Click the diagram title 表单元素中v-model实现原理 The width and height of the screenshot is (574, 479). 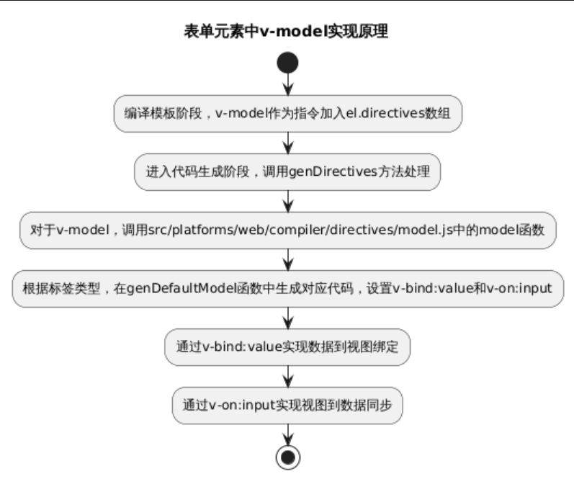(x=287, y=31)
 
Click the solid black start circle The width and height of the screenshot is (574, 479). (x=287, y=63)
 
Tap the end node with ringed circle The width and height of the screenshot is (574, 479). (x=287, y=456)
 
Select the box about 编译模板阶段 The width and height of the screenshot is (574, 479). (x=287, y=114)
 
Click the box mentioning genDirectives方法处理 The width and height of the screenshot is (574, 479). (x=287, y=173)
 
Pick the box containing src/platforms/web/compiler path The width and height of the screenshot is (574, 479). (x=287, y=230)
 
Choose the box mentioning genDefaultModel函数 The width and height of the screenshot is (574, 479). (x=287, y=289)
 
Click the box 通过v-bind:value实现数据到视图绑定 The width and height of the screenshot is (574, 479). (x=287, y=347)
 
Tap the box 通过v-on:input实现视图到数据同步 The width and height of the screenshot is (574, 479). (x=287, y=406)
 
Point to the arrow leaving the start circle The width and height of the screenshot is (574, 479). (x=287, y=85)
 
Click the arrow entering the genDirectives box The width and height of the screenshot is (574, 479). (x=287, y=143)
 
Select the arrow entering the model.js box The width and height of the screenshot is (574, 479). (x=287, y=202)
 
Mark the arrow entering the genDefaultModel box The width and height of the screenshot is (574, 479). (x=287, y=260)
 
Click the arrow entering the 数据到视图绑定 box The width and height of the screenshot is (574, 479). (x=287, y=318)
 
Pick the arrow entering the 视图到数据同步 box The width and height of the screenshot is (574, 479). (x=287, y=377)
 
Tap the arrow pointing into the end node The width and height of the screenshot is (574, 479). (x=287, y=434)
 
